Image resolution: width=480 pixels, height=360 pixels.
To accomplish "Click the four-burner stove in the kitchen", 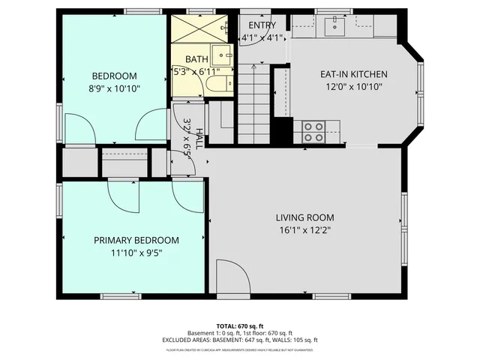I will point(313,132).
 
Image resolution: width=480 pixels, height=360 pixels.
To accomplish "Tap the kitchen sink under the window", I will point(334,28).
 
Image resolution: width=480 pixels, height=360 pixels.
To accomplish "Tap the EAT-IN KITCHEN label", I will point(353,74).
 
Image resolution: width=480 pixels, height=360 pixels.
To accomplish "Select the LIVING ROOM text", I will point(303,217).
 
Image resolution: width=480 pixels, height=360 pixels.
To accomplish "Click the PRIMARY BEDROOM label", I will point(136,240).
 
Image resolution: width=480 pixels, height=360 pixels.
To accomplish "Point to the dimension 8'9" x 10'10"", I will point(114,88).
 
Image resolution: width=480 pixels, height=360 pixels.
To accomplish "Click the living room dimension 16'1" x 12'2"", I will point(303,230).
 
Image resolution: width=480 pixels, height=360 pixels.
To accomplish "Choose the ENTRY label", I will point(262,25).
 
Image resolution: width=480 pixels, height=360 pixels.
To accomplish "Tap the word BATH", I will point(197,59).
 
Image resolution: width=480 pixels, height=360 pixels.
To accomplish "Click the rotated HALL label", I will point(199,139).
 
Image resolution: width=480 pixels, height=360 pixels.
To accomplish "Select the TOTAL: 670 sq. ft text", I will point(239,325).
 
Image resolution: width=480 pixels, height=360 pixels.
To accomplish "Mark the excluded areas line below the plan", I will point(239,340).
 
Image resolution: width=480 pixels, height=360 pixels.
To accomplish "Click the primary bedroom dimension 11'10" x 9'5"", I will point(136,253).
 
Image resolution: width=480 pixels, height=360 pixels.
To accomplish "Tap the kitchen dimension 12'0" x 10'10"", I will point(353,87).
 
